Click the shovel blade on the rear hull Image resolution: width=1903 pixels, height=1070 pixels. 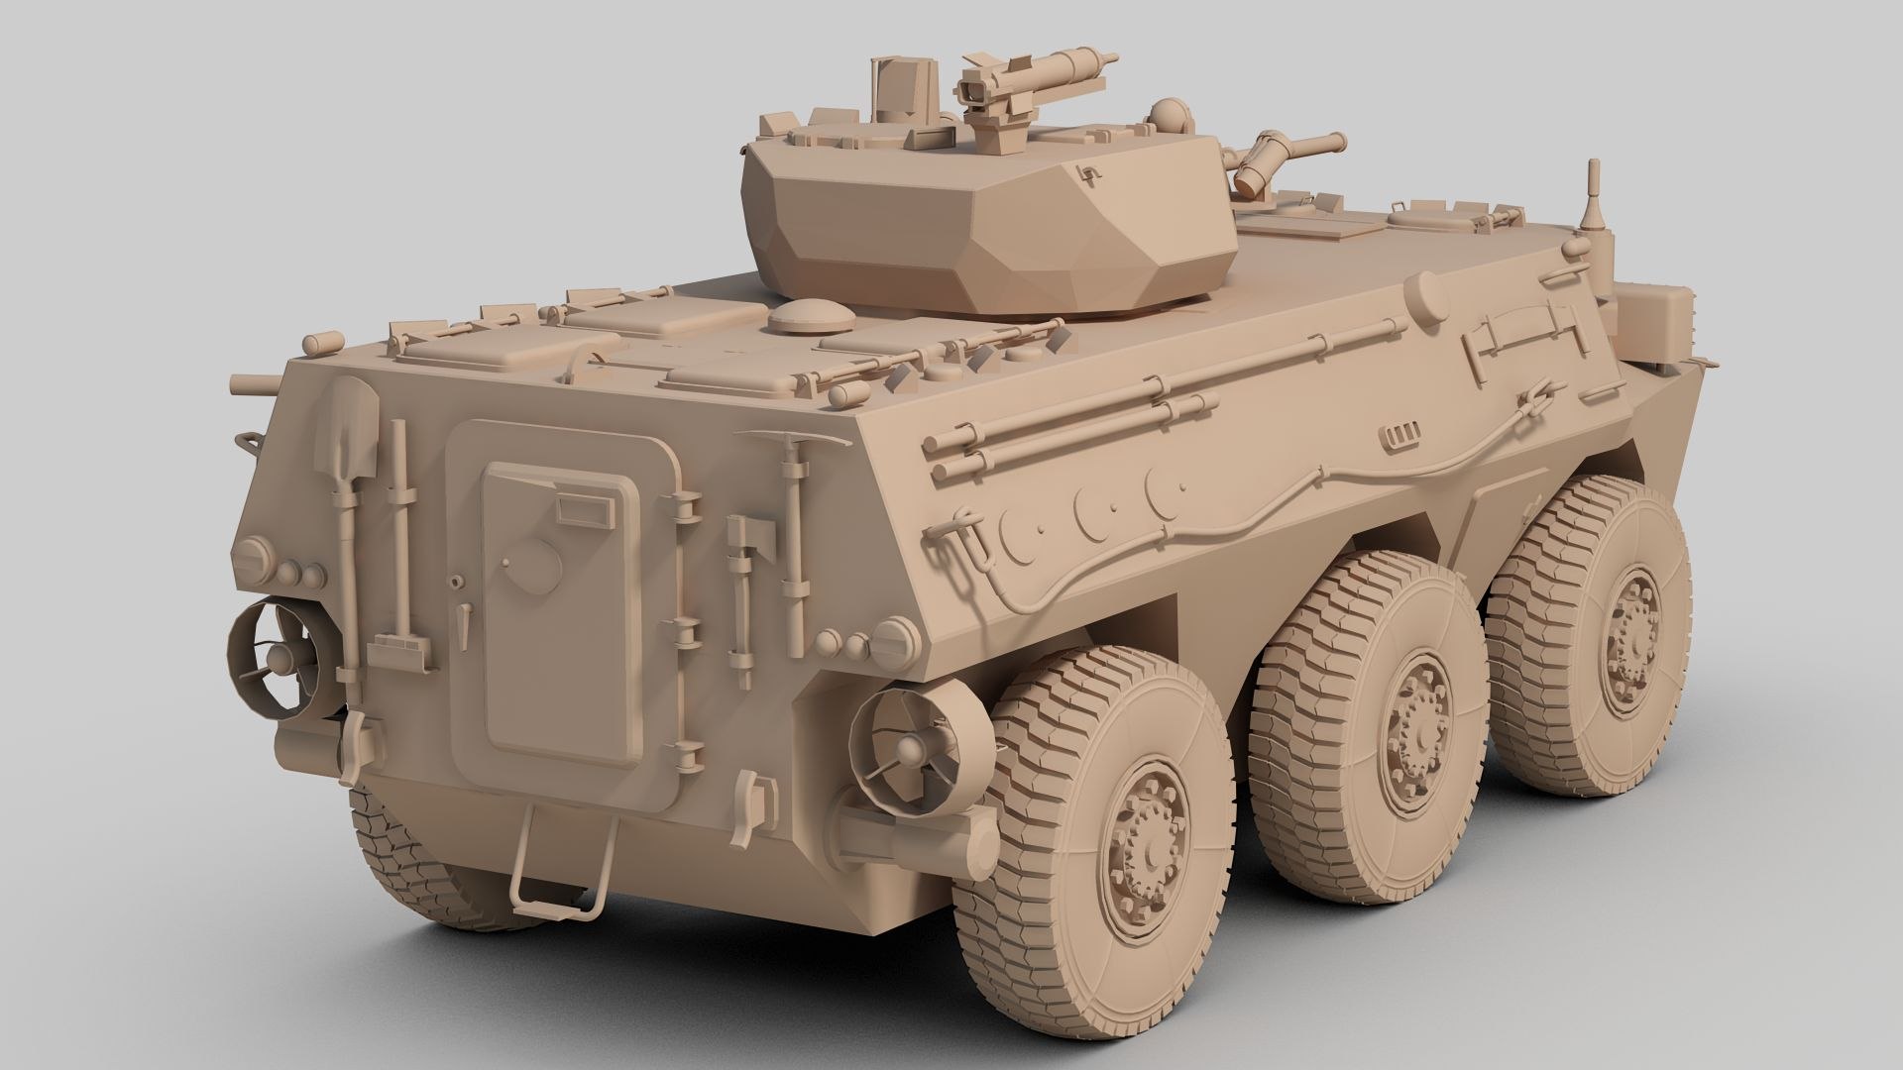pyautogui.click(x=346, y=424)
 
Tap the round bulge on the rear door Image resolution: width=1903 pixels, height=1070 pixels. pyautogui.click(x=535, y=565)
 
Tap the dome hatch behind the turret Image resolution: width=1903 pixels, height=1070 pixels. pyautogui.click(x=812, y=317)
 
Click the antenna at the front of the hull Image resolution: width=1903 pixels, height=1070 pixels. pyautogui.click(x=1596, y=198)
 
